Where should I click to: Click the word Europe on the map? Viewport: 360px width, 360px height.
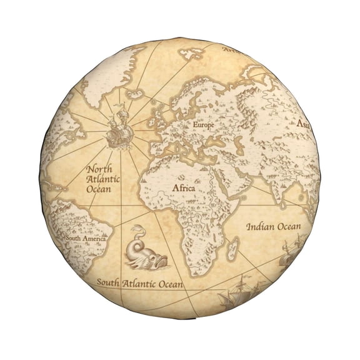[x=203, y=125]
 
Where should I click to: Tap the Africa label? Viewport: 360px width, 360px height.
[x=183, y=187]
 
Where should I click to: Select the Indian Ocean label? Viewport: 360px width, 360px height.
[x=273, y=226]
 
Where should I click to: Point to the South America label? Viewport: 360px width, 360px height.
[x=86, y=238]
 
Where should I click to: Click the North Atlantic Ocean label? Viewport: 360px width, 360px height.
[x=103, y=178]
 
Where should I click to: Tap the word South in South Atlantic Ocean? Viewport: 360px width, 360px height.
[x=107, y=282]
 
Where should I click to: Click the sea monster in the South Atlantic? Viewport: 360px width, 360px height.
[x=146, y=250]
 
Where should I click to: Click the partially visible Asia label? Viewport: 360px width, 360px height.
[x=304, y=124]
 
